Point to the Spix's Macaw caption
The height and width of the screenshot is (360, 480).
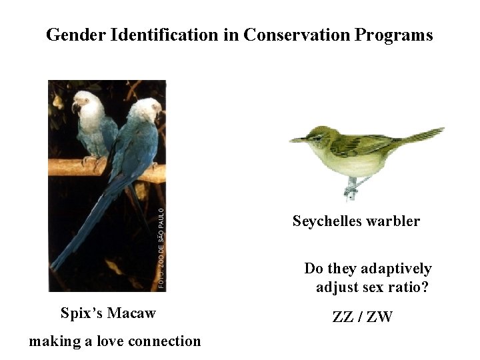click(108, 313)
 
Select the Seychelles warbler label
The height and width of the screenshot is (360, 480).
click(356, 221)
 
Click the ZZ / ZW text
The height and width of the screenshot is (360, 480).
click(362, 317)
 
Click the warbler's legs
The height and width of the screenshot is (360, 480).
click(352, 187)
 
